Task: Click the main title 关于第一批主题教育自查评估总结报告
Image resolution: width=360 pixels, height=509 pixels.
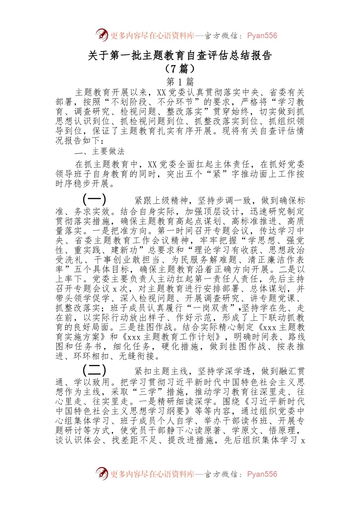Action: click(x=180, y=56)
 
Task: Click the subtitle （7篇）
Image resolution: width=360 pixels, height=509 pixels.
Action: click(x=180, y=69)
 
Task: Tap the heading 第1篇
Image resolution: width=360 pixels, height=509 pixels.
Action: click(x=180, y=81)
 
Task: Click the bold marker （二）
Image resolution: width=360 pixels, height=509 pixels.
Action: click(x=94, y=370)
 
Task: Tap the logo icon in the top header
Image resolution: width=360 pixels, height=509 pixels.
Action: click(x=102, y=35)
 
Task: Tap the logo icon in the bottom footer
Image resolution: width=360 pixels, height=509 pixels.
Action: click(x=102, y=473)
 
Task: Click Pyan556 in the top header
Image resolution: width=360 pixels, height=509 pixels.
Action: click(x=262, y=36)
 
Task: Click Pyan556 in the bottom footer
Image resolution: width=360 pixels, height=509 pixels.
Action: click(x=262, y=474)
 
